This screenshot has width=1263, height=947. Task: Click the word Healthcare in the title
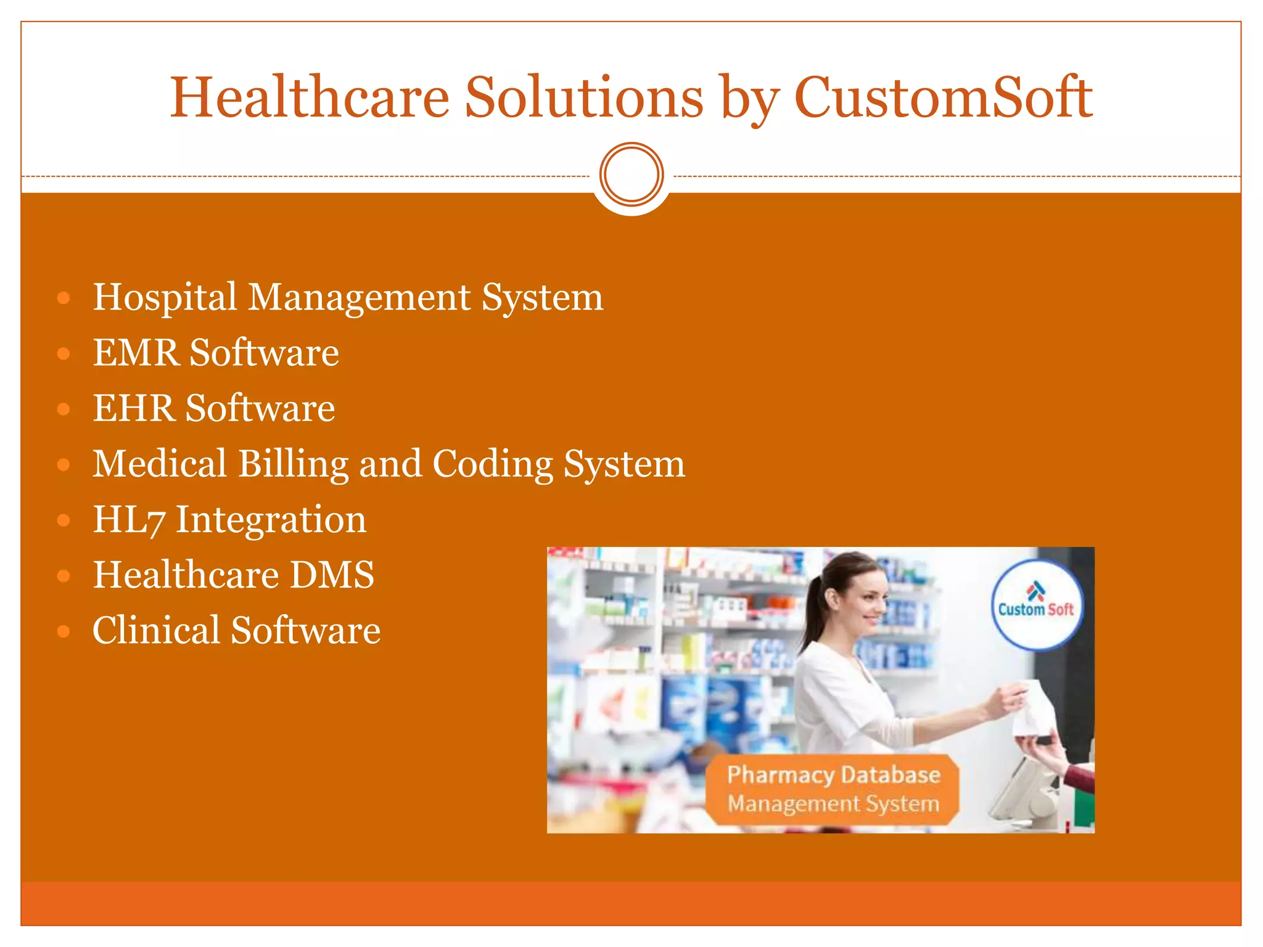[x=310, y=97]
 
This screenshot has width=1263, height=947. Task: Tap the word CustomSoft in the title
[x=944, y=97]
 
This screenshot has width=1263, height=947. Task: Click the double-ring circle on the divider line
[x=631, y=174]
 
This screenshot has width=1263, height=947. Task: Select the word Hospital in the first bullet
[x=165, y=298]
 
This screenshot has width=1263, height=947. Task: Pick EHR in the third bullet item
[x=134, y=409]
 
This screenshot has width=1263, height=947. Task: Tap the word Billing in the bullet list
[x=293, y=464]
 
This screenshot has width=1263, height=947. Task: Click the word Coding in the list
[x=492, y=464]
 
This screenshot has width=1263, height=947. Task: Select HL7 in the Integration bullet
[x=129, y=520]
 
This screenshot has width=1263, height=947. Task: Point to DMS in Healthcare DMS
[x=332, y=575]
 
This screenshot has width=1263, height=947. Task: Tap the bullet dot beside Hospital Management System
[x=64, y=298]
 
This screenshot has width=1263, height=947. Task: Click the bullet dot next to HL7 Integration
[x=64, y=520]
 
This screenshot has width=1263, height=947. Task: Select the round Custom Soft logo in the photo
[x=1036, y=604]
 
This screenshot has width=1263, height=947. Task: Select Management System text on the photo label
[x=833, y=804]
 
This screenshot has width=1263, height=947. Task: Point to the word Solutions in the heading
[x=583, y=97]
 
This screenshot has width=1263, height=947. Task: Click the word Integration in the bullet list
[x=271, y=520]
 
